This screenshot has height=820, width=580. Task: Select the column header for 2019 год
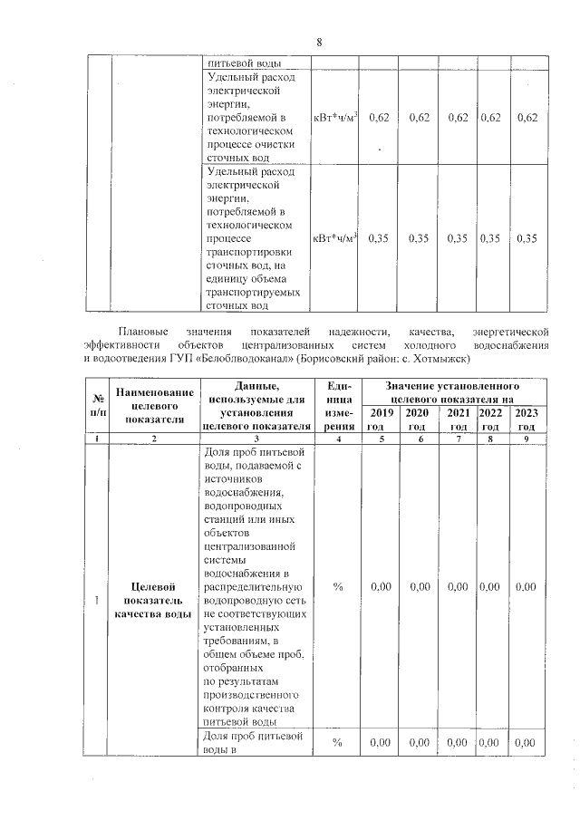(x=382, y=420)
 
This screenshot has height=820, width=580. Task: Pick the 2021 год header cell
(x=459, y=420)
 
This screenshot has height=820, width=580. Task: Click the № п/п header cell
(x=95, y=405)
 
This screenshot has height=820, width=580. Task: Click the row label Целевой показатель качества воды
(x=153, y=600)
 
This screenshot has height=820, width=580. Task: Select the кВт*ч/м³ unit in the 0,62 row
(x=335, y=119)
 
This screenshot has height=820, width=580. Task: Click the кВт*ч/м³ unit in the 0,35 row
(x=335, y=238)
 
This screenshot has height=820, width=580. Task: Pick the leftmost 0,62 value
(x=381, y=119)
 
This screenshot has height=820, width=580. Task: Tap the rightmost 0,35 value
(x=527, y=238)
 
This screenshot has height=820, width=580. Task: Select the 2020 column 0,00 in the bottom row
(x=420, y=743)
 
